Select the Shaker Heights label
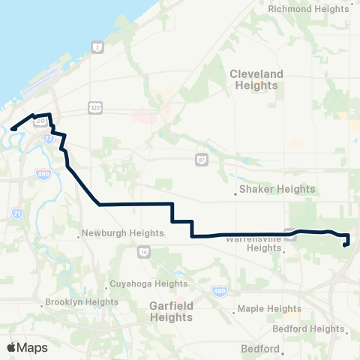[x=277, y=190]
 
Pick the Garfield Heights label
[x=172, y=311]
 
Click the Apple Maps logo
[x=27, y=347]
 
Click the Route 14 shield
[x=142, y=253]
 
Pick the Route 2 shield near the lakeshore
[x=97, y=47]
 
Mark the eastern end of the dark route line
[x=344, y=244]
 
